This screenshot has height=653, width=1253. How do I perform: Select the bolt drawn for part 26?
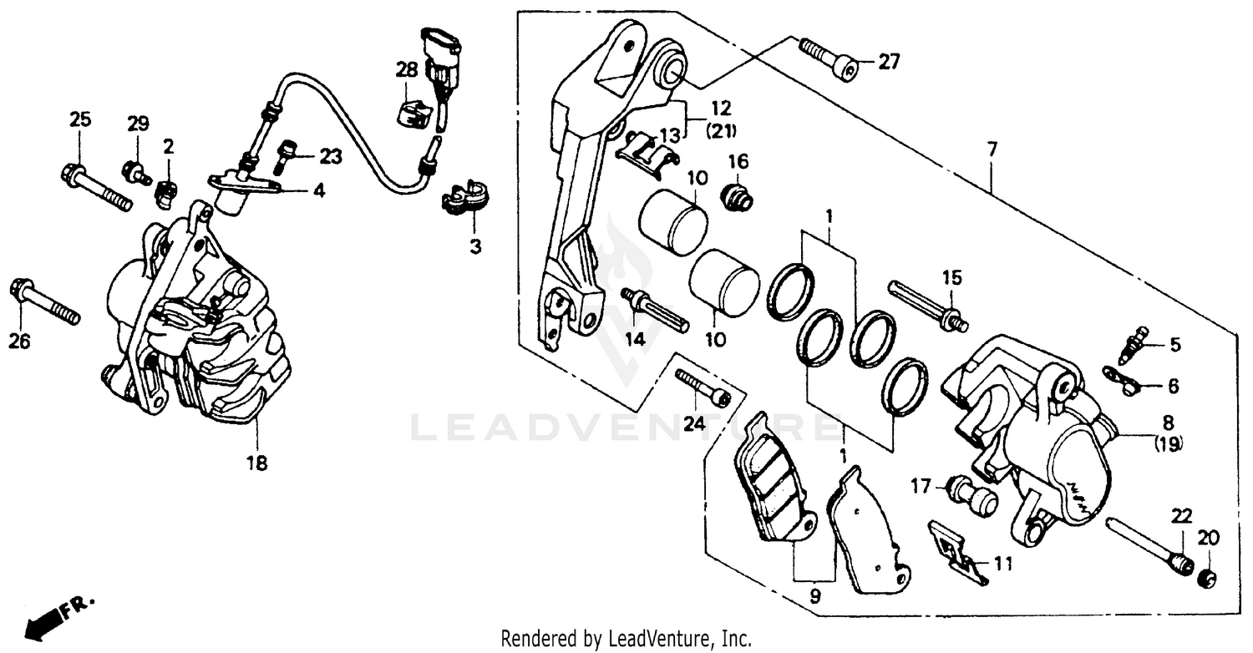45,302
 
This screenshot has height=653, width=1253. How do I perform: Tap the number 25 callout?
79,119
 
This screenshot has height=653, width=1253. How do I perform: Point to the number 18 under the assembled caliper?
256,462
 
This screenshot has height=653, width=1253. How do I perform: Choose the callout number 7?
992,150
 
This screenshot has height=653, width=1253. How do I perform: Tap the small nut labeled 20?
1207,577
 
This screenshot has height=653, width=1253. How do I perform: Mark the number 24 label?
694,424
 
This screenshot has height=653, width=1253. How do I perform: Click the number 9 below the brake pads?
814,596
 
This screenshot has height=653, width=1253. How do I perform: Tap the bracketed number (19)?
1168,444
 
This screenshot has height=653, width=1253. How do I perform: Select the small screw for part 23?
285,154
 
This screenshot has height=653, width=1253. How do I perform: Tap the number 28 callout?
407,70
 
